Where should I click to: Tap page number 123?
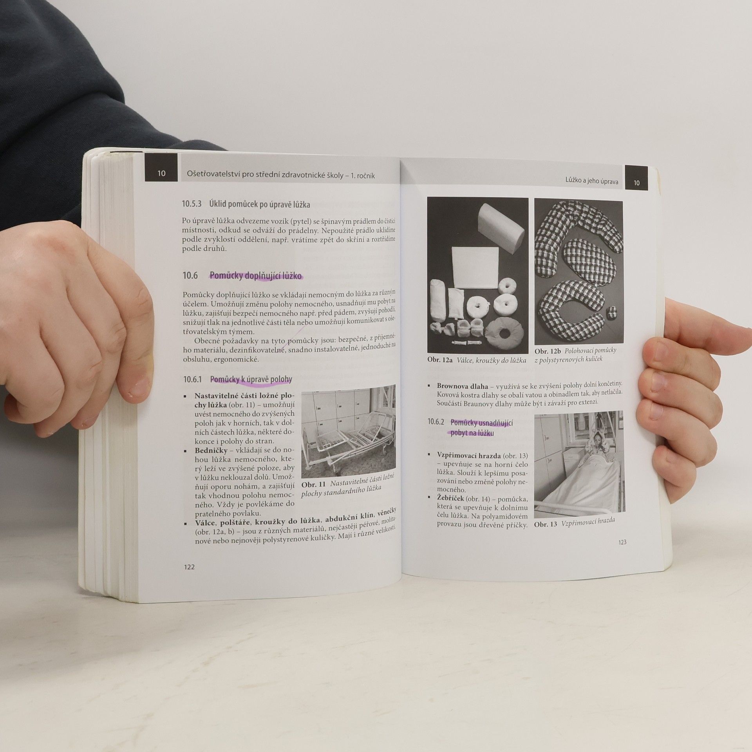[622, 542]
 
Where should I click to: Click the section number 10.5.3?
[192, 204]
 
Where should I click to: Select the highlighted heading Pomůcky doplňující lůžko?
[256, 276]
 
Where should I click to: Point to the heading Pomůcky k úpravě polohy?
[251, 379]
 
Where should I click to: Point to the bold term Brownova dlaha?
[463, 386]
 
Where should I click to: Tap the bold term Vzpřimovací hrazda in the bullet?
[469, 456]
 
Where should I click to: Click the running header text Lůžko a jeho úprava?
[592, 181]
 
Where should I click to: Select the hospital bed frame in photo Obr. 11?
[343, 439]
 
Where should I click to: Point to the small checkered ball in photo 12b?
[611, 313]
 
